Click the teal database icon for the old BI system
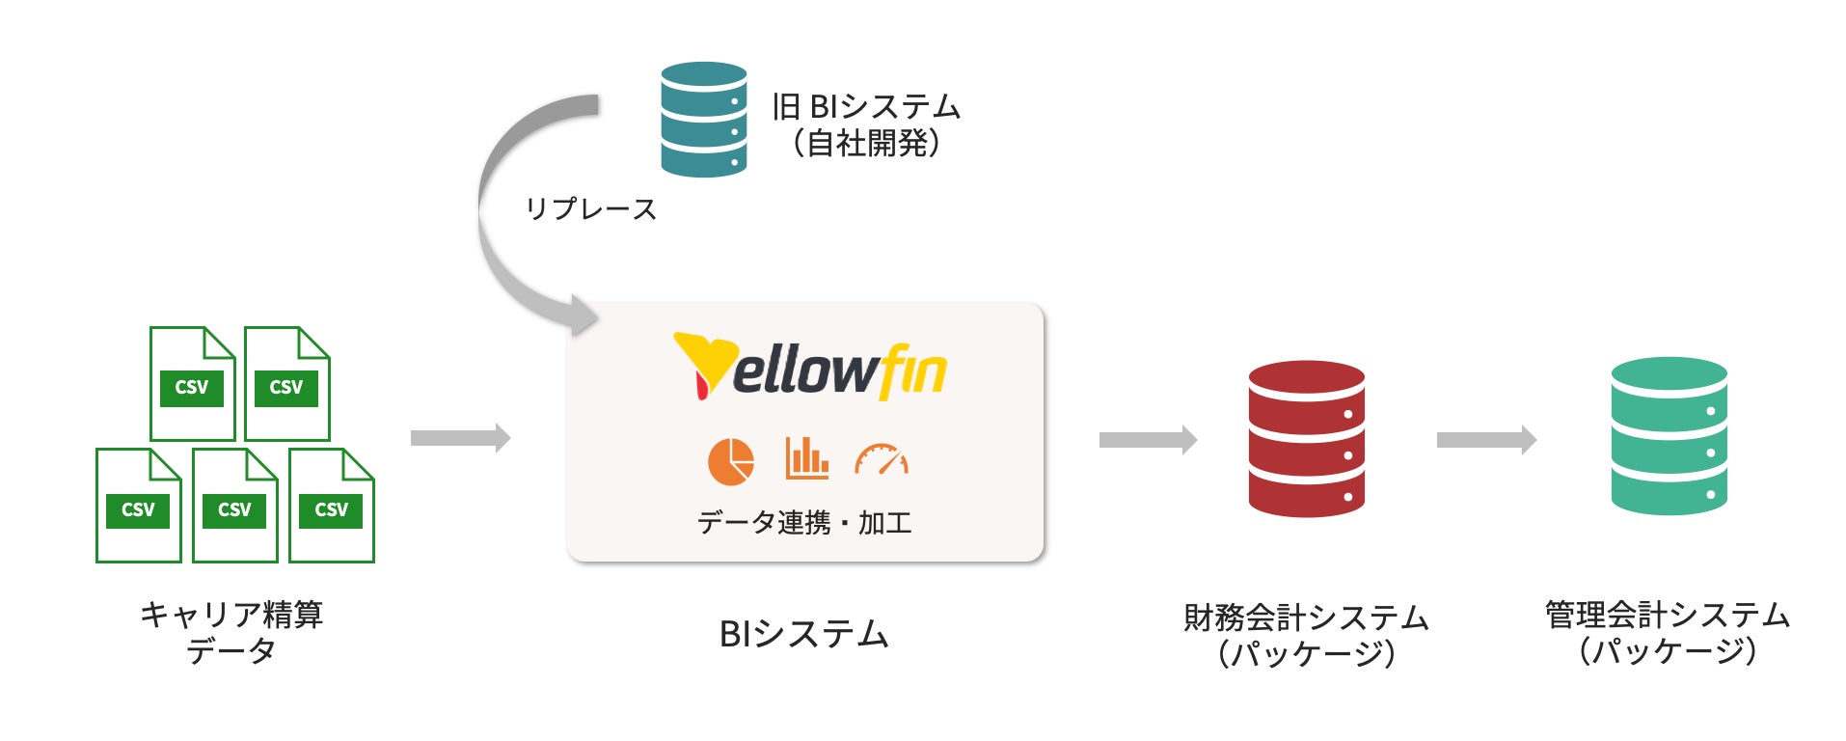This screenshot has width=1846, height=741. [x=703, y=120]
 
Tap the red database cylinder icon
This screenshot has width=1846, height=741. [x=1306, y=439]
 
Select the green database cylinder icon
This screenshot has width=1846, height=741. [x=1669, y=436]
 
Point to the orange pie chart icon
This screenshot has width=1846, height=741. [x=731, y=461]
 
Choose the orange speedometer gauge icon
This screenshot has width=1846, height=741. [x=882, y=459]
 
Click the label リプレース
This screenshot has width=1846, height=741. [x=590, y=208]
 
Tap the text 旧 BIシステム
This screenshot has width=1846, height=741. [x=866, y=106]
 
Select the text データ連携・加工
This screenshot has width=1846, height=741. [x=804, y=522]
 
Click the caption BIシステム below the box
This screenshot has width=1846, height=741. [x=804, y=634]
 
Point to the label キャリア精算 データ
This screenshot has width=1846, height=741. [x=231, y=632]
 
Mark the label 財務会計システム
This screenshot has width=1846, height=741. [x=1306, y=617]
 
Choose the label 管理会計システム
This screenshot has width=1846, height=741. [x=1668, y=615]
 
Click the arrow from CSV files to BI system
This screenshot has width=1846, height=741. [x=460, y=438]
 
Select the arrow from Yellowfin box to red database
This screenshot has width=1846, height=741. [x=1148, y=440]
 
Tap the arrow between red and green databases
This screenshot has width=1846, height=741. [x=1486, y=440]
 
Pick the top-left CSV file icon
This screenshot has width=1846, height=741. [x=192, y=384]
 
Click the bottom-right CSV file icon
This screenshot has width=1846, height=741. [x=331, y=506]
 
